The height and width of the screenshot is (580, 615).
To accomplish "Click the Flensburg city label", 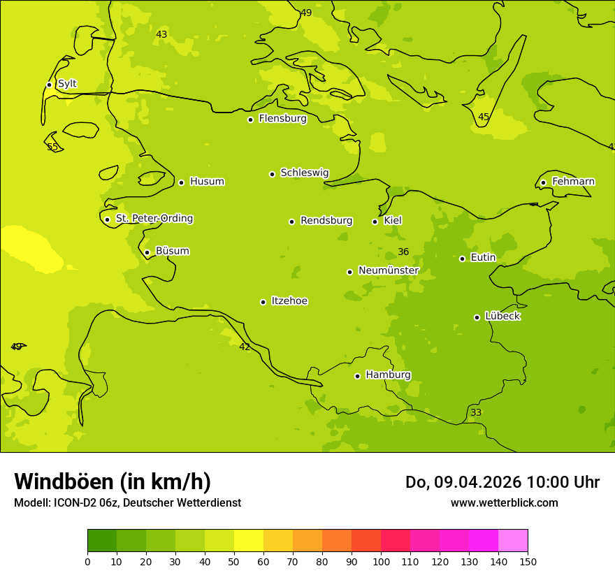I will coord(282,119).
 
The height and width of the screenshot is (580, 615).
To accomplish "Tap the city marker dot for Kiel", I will coord(375,222).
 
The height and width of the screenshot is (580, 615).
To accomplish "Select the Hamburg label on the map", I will coord(388,375).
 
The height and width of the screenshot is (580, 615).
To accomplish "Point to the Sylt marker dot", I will coord(49,85).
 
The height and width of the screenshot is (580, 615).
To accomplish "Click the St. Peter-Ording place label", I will coord(154,219).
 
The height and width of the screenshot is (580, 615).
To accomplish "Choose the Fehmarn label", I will coord(573,182).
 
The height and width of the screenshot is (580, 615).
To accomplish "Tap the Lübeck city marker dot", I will coord(477,317).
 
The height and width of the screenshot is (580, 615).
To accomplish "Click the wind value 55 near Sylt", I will coord(52,147).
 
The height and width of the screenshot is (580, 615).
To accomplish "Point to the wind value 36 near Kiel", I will coord(403,252).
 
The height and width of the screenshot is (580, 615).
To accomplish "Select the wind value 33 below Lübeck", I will coord(476,413).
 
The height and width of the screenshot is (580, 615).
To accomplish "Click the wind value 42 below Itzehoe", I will coord(245,347).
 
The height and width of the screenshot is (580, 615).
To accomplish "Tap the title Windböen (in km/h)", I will coord(113,481).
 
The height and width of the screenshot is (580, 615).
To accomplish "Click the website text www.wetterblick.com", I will coord(504,502).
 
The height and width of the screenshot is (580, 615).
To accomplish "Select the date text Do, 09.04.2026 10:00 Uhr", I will coord(502,482).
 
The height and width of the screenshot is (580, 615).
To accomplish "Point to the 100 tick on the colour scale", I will coord(381,561).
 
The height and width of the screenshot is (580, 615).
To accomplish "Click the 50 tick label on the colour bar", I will coord(234,561).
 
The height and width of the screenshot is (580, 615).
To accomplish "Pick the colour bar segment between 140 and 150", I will coord(513,541).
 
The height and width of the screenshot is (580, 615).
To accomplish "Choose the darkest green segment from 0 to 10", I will coord(102,541).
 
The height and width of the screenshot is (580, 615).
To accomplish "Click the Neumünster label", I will coord(388,270).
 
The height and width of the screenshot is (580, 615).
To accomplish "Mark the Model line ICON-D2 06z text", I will coord(127,503).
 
